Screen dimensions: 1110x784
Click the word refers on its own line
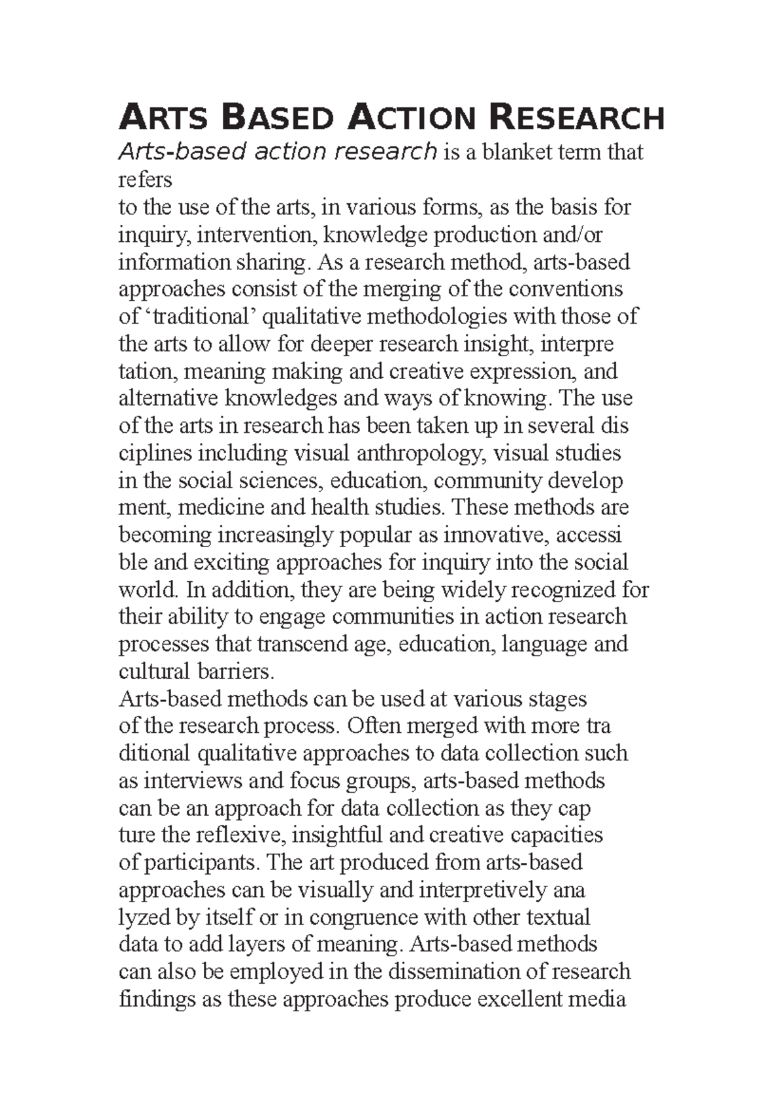click(145, 179)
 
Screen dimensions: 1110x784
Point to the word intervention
click(257, 234)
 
